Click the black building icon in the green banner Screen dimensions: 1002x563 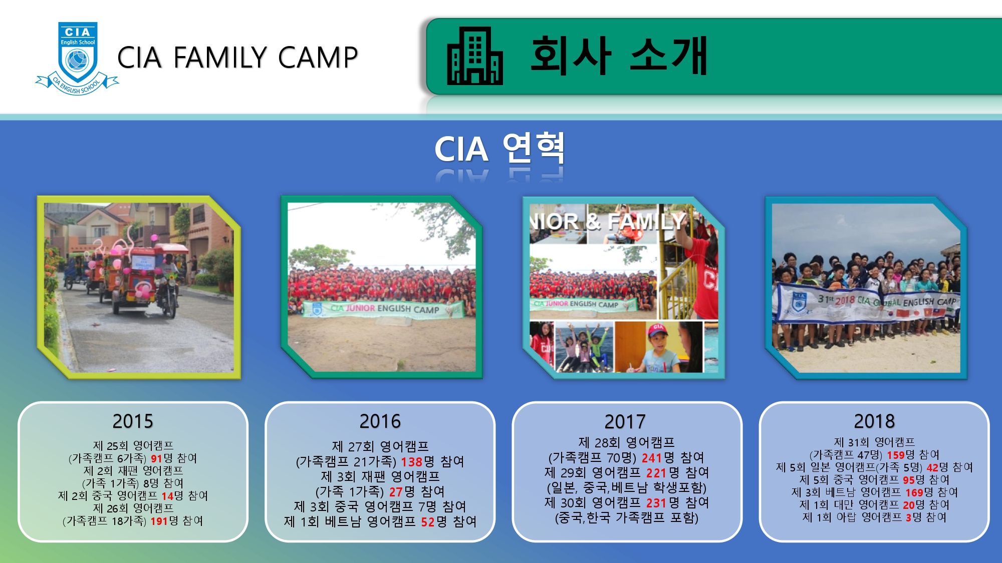pos(474,56)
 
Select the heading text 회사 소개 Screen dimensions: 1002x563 pos(619,55)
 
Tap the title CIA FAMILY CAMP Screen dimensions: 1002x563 pos(237,57)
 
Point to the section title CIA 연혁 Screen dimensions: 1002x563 pos(499,149)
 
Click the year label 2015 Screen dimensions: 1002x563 pos(133,421)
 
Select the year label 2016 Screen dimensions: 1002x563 pos(380,421)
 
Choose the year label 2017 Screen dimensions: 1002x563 pos(625,422)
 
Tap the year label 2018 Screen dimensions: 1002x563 pos(874,421)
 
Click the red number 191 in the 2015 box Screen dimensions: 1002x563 pos(159,521)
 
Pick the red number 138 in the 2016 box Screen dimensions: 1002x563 pos(412,461)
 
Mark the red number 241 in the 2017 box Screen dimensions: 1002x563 pos(652,458)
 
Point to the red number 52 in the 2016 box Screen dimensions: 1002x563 pos(428,522)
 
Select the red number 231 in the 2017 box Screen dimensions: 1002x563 pos(656,503)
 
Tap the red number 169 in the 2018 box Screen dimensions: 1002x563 pos(914,493)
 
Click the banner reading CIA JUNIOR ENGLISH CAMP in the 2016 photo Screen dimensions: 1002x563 pos(383,309)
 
